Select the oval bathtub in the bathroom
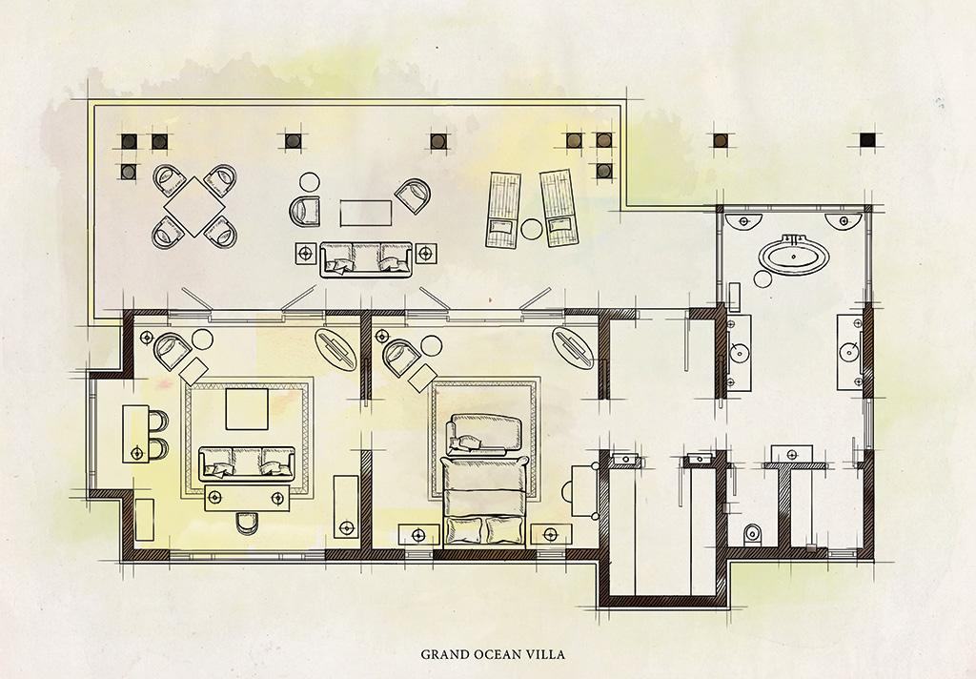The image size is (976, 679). pos(790,254)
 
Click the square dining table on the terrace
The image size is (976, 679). pos(194,207)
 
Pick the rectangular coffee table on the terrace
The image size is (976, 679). pos(366,213)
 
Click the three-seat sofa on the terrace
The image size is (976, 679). pos(366,259)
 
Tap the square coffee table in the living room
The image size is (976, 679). pos(247,409)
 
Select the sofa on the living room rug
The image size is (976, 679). pos(247,463)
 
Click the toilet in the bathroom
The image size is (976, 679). pos(753,534)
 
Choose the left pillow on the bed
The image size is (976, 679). pos(464,531)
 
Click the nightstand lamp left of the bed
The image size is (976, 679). pos(418,534)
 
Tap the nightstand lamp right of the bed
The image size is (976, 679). pos(550,534)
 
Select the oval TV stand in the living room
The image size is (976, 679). pos(336,351)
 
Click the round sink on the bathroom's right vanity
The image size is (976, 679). pos(849,353)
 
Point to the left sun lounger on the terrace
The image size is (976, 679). pos(503,211)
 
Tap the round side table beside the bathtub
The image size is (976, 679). pos(763,279)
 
